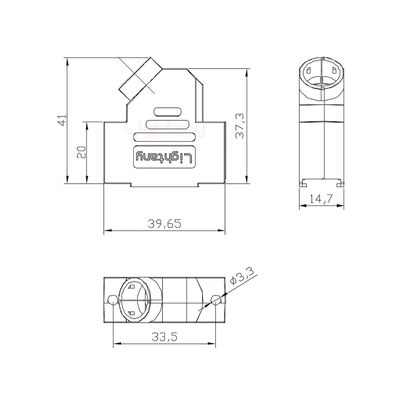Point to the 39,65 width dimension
[164, 223]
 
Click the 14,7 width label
[321, 199]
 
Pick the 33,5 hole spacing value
[164, 337]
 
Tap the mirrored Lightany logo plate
[164, 157]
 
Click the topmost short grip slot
[167, 112]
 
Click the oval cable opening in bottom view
[135, 300]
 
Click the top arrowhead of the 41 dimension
[67, 62]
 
